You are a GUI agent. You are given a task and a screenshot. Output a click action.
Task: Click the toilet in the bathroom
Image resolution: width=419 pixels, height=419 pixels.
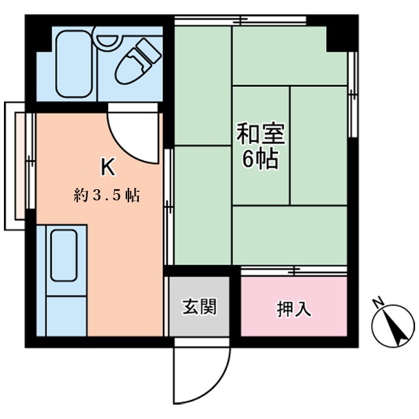(x=137, y=62)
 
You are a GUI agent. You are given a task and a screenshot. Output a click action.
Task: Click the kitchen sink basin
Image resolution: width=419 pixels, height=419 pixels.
(x=64, y=255)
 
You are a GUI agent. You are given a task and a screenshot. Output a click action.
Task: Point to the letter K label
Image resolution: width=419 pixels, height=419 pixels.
(x=108, y=166)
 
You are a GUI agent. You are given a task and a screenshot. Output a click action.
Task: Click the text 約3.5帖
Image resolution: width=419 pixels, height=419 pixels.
(x=107, y=195)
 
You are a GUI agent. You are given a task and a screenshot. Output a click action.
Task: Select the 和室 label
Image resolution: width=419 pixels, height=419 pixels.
(x=261, y=133)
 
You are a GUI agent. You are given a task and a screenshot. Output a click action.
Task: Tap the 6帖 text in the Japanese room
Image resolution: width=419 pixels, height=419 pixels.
(x=261, y=158)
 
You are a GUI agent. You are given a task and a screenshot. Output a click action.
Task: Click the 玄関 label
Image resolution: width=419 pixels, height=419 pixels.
(x=199, y=306)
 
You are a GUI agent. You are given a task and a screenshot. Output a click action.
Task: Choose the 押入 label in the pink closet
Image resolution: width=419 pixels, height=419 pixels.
(x=294, y=309)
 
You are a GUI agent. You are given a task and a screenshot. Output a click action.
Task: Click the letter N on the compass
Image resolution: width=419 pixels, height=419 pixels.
(x=378, y=302)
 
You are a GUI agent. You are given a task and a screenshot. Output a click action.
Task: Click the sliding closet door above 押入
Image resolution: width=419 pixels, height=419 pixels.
(x=294, y=270)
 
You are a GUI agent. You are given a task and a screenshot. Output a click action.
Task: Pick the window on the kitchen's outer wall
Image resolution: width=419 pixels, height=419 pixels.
(x=31, y=160)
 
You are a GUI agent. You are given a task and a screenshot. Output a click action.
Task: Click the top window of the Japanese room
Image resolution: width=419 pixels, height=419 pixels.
(x=240, y=20)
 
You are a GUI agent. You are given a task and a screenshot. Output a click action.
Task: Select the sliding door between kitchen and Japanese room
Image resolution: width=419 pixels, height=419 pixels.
(x=169, y=207)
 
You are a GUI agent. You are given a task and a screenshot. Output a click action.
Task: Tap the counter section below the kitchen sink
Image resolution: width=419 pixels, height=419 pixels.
(x=67, y=316)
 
